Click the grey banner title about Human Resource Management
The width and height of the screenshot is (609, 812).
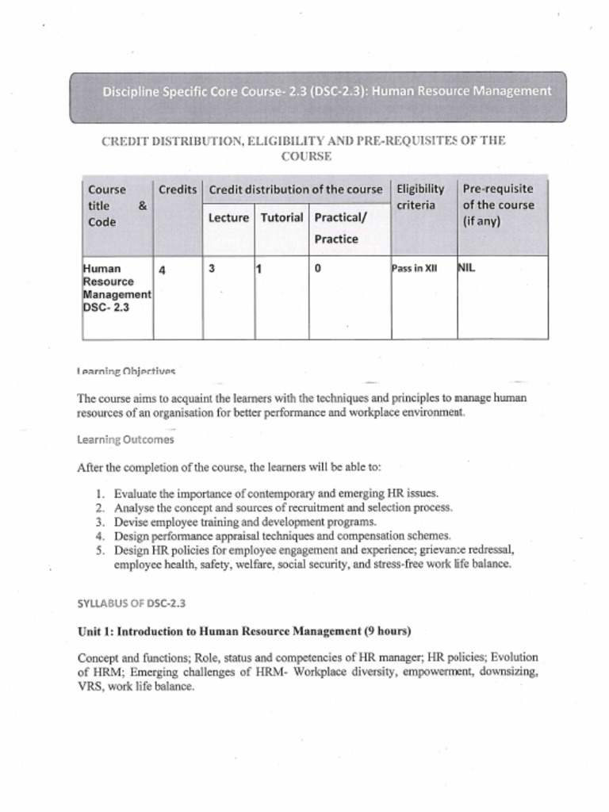pyautogui.click(x=326, y=91)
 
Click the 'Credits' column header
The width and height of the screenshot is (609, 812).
pyautogui.click(x=178, y=190)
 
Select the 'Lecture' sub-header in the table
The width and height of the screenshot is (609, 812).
pyautogui.click(x=228, y=217)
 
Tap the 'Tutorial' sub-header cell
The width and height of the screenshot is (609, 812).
pyautogui.click(x=282, y=217)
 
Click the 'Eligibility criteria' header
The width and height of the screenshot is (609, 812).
pyautogui.click(x=420, y=197)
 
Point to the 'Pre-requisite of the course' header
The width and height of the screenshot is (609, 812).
pyautogui.click(x=498, y=205)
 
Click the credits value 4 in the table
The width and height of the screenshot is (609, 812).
pyautogui.click(x=162, y=270)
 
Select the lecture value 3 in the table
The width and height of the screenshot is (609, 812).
pyautogui.click(x=212, y=269)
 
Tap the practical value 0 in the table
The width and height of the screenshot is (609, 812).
pyautogui.click(x=317, y=269)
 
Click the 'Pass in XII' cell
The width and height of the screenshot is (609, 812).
pyautogui.click(x=415, y=269)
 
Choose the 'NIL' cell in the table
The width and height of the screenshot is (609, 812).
pyautogui.click(x=467, y=268)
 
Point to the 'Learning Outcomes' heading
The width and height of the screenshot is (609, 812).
pyautogui.click(x=125, y=439)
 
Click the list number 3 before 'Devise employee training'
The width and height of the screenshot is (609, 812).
pyautogui.click(x=100, y=522)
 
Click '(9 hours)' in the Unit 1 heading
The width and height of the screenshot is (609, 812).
pyautogui.click(x=388, y=631)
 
